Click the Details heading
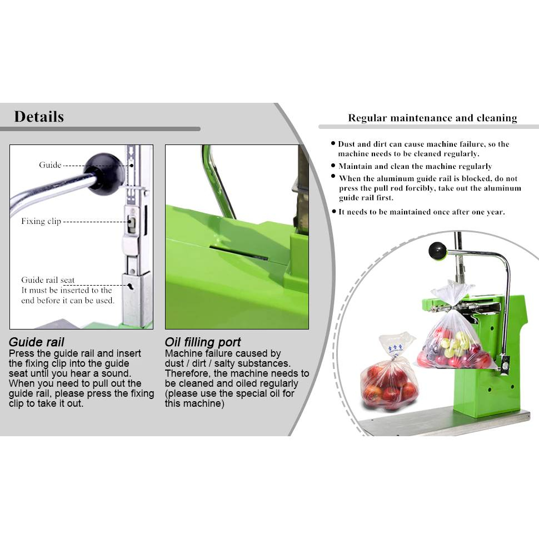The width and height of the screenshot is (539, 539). pos(39,117)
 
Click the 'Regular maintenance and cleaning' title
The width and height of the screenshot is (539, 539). pos(432,118)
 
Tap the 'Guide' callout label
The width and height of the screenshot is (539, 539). pos(50,165)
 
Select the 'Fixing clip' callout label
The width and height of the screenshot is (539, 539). pos(41,221)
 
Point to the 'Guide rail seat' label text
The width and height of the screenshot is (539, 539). pos(48,280)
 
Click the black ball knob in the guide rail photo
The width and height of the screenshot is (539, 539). pos(103,174)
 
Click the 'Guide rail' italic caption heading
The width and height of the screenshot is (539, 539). pos(37,342)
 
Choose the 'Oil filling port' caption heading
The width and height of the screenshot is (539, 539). pos(203,342)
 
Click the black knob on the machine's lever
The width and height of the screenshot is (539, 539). pos(437,251)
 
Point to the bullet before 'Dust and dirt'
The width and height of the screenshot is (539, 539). pos(333,143)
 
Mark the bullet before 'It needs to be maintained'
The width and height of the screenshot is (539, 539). pos(334,211)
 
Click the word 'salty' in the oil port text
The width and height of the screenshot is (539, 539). pos(224,363)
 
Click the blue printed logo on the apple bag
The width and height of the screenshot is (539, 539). pos(395,347)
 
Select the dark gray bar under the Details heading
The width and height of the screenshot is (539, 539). pos(100,129)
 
